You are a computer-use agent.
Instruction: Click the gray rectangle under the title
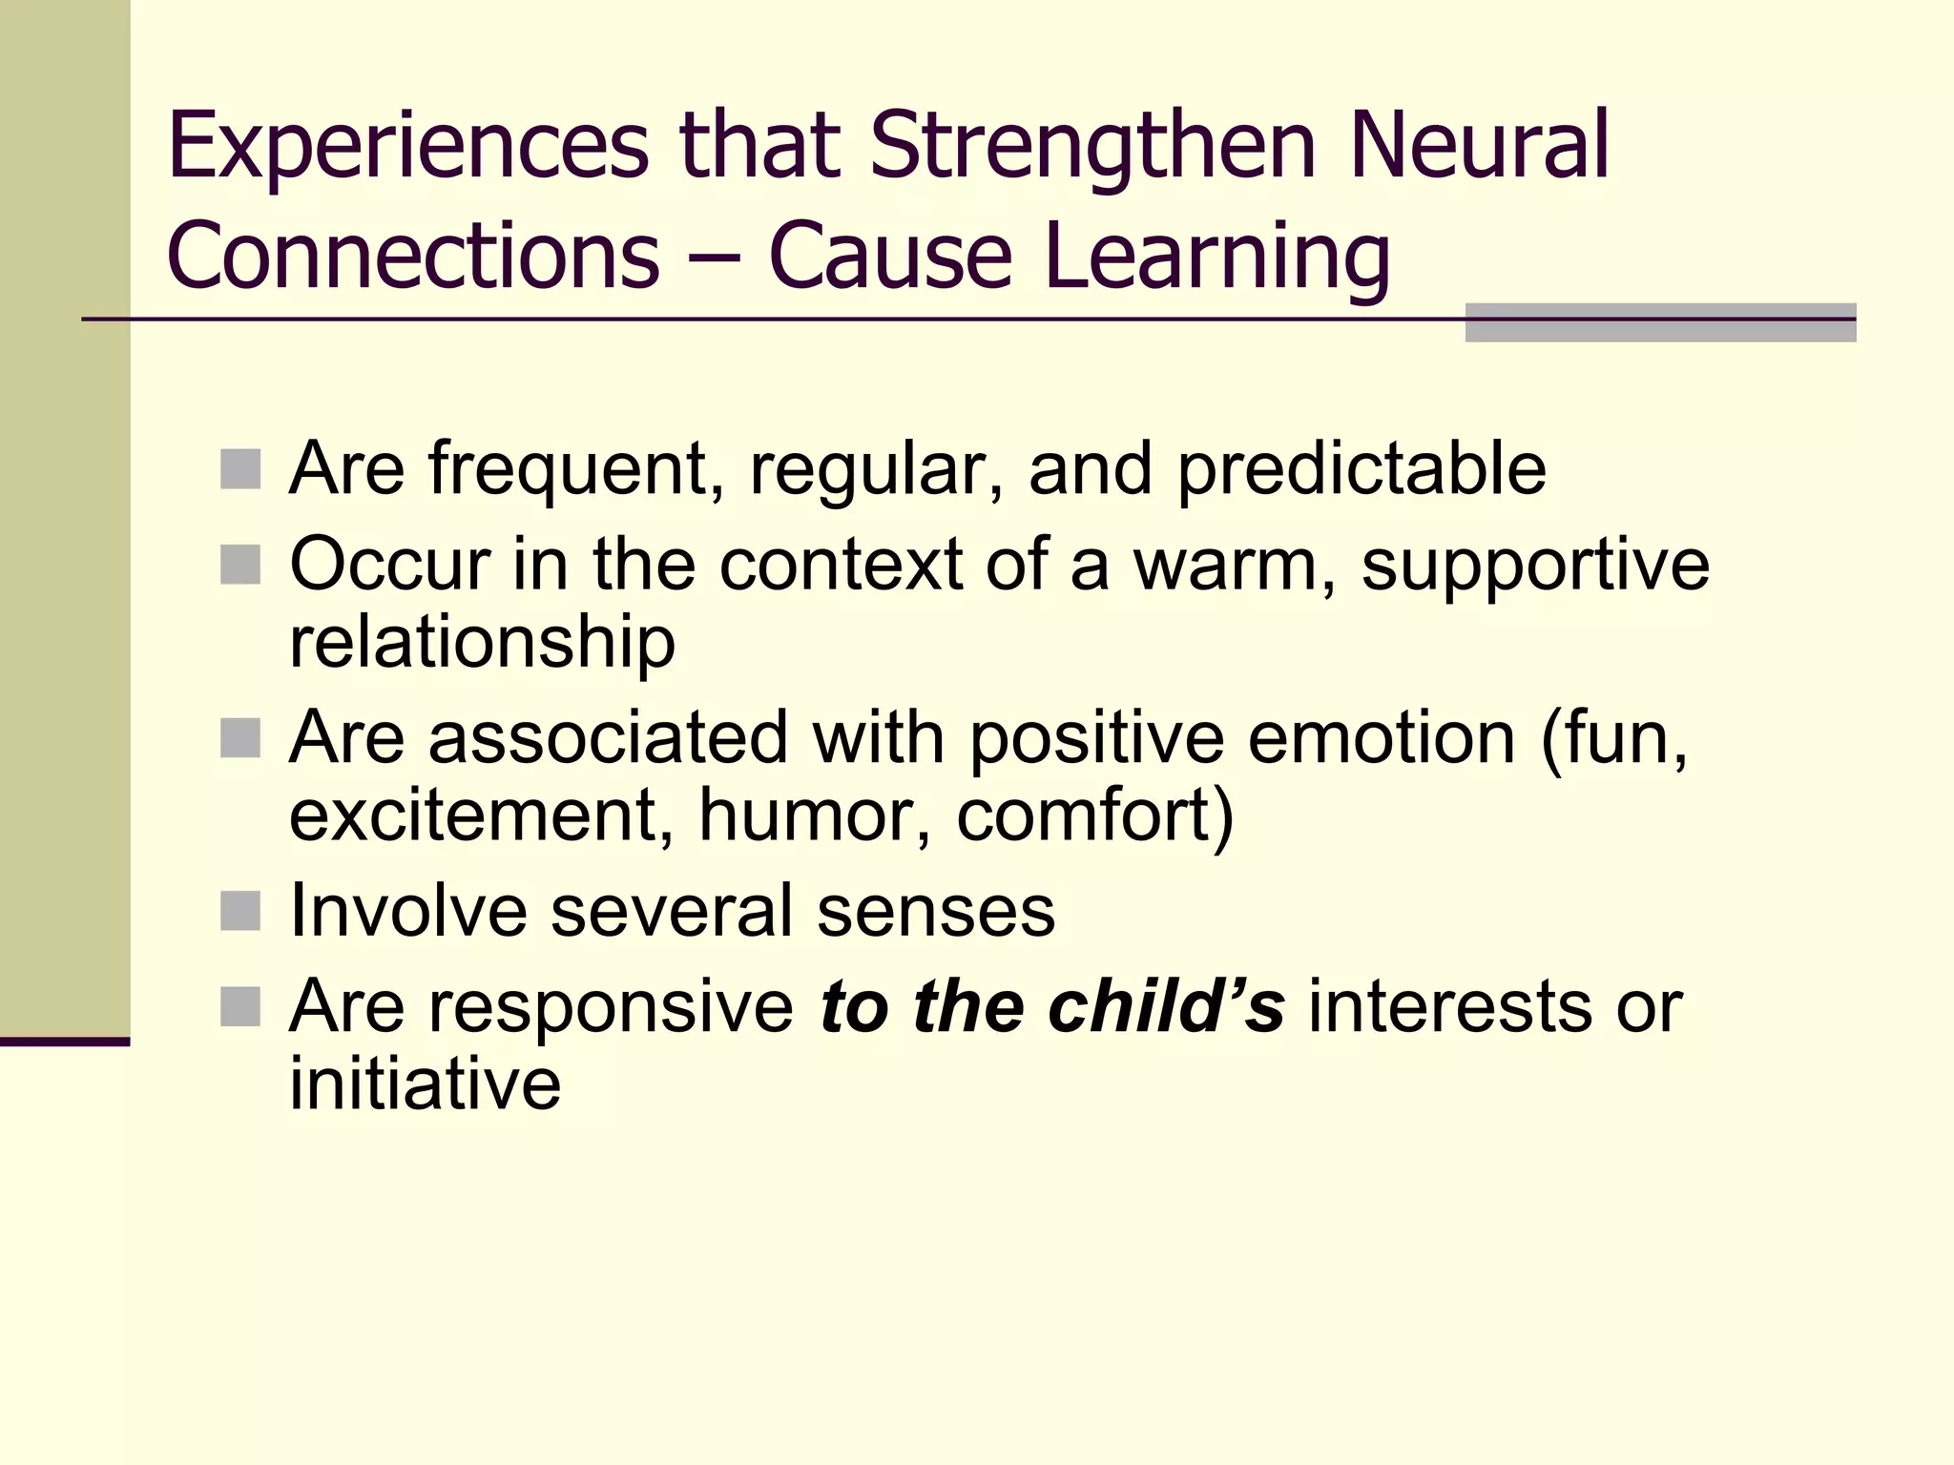[1660, 323]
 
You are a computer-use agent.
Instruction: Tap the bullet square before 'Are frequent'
[240, 468]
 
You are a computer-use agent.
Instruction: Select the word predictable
[1362, 469]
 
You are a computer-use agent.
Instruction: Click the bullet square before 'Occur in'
[240, 564]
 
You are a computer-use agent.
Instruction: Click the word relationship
[482, 642]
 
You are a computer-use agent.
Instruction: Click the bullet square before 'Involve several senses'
[240, 911]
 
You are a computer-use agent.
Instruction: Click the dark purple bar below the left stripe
[65, 1042]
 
